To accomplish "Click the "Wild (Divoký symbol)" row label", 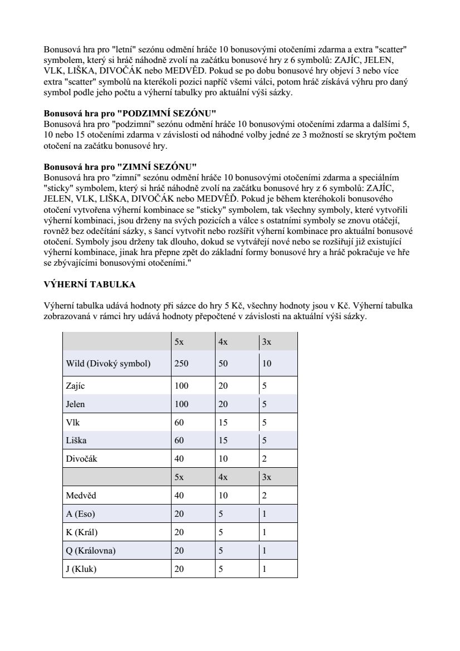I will point(108,364).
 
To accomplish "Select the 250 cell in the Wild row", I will point(182,364).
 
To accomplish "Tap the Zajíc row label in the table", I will point(75,385).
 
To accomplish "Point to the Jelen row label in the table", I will point(76,404).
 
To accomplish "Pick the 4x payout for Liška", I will point(223,441).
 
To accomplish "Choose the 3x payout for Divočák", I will point(265,459).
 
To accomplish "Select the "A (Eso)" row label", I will point(80,514).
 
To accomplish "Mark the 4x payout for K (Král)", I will point(221,532).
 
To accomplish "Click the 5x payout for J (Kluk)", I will point(179,569).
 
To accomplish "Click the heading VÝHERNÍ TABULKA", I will point(90,285).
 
